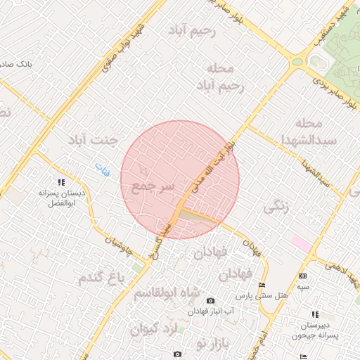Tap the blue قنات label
click(x=103, y=169)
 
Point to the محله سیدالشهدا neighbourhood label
click(x=326, y=131)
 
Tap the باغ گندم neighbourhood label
click(x=105, y=276)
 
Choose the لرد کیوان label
click(x=155, y=328)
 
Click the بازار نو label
click(x=192, y=344)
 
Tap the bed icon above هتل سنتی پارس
click(x=262, y=285)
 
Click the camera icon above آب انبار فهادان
click(x=210, y=301)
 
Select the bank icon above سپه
click(x=302, y=276)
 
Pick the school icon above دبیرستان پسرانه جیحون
click(x=314, y=314)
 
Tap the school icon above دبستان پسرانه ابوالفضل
click(x=60, y=182)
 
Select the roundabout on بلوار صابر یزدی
click(x=297, y=61)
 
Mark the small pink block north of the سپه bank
click(x=301, y=243)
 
